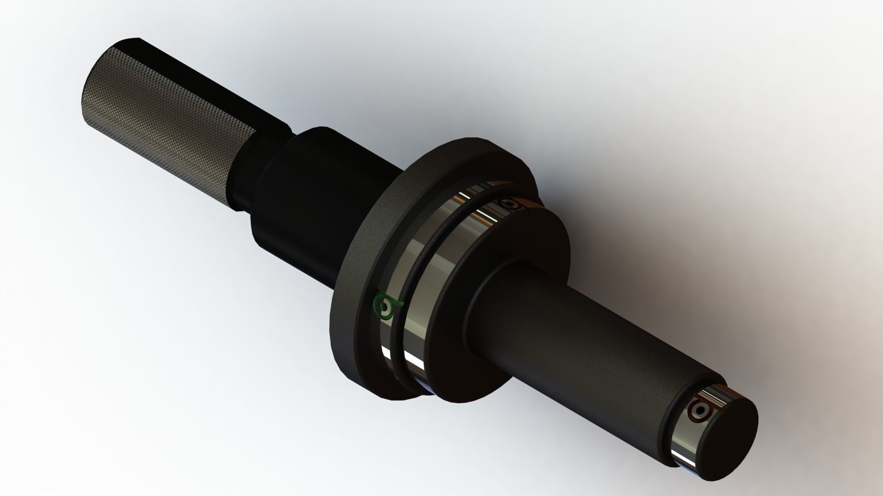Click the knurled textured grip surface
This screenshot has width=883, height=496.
coord(156,129)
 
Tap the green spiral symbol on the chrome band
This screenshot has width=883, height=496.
coord(385,306)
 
